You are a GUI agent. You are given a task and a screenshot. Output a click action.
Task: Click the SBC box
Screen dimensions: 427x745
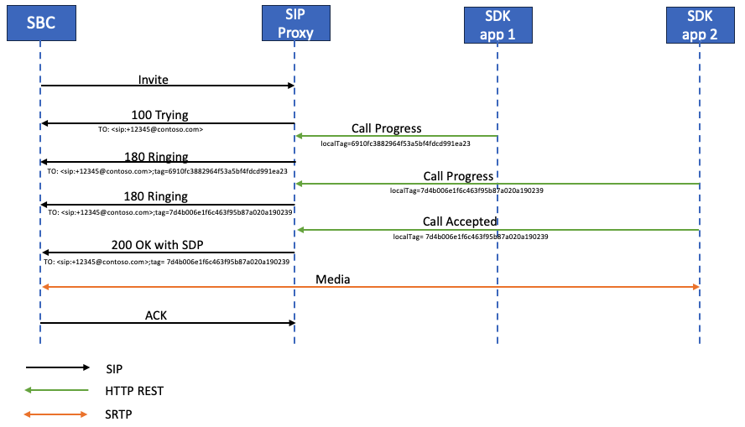pyautogui.click(x=40, y=23)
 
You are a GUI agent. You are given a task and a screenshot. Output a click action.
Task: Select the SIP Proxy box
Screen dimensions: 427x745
pyautogui.click(x=294, y=23)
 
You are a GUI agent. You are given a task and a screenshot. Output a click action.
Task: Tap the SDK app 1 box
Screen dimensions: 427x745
pyautogui.click(x=498, y=23)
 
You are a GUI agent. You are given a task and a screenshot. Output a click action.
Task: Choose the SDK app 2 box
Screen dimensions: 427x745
pyautogui.click(x=700, y=23)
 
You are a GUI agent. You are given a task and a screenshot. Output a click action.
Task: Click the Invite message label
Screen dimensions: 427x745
pyautogui.click(x=154, y=79)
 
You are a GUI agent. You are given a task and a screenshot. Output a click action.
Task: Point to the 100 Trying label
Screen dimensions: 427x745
pyautogui.click(x=159, y=115)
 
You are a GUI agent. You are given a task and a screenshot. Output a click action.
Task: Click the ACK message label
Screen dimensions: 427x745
pyautogui.click(x=156, y=315)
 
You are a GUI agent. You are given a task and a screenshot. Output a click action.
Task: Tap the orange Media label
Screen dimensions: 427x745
pyautogui.click(x=333, y=279)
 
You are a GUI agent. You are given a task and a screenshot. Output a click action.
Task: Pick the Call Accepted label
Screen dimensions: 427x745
pyautogui.click(x=461, y=222)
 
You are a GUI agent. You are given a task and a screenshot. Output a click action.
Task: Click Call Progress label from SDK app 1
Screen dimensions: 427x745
pyautogui.click(x=387, y=129)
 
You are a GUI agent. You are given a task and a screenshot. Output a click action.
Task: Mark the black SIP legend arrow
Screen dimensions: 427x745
pyautogui.click(x=57, y=367)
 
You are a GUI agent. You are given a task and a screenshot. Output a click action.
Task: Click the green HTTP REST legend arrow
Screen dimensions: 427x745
pyautogui.click(x=57, y=390)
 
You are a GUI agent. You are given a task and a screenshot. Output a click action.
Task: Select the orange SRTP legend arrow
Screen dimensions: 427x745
pyautogui.click(x=57, y=414)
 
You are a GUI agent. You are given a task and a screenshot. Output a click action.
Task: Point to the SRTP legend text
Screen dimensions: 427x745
pyautogui.click(x=120, y=414)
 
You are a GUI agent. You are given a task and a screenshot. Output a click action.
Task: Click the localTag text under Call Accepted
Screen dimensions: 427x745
pyautogui.click(x=471, y=237)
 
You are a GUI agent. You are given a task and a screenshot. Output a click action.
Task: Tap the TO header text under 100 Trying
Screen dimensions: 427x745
pyautogui.click(x=150, y=130)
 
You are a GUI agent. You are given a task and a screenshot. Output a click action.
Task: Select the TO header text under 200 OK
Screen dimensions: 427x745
pyautogui.click(x=166, y=262)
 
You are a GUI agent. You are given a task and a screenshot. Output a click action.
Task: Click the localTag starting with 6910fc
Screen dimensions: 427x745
pyautogui.click(x=395, y=143)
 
